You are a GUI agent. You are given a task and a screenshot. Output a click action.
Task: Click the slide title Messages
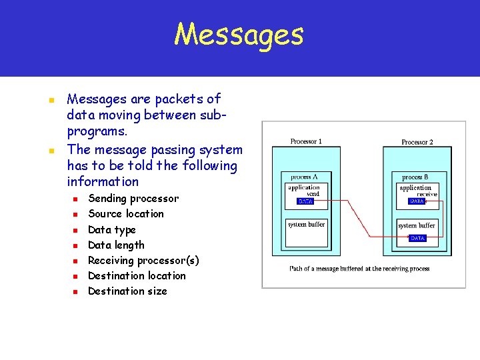point(239,35)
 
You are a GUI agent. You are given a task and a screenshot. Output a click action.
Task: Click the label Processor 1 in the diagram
point(306,141)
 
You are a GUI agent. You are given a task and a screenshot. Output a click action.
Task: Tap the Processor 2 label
point(417,142)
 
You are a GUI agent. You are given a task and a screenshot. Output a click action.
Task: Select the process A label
point(304,177)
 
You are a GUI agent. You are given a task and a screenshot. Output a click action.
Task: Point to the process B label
point(415,177)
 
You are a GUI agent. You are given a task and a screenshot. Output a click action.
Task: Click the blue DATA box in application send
point(305,201)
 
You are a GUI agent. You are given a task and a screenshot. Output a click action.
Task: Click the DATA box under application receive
point(417,201)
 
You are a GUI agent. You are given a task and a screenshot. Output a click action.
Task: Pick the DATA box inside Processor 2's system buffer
point(417,238)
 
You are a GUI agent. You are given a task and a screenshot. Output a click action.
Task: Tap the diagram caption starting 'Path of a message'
point(359,269)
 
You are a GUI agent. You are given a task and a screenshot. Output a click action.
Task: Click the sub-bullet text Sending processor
point(133,198)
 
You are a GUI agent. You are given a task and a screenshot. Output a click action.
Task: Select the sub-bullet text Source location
point(125,213)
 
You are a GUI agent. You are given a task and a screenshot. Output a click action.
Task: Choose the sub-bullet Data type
point(112,229)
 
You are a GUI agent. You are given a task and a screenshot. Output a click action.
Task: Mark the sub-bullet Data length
point(116,245)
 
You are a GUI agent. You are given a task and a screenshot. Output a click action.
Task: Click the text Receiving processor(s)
point(143,260)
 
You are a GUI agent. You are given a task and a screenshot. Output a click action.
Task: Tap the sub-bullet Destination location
point(137,275)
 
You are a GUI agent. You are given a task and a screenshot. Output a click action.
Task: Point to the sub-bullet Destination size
point(127,291)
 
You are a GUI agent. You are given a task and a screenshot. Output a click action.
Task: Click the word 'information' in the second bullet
point(103,181)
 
